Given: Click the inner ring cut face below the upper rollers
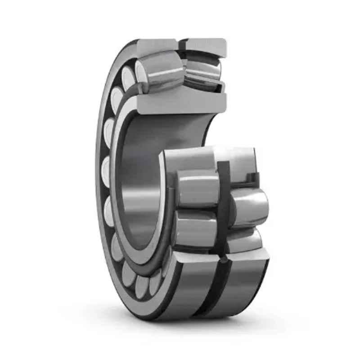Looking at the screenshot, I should pyautogui.click(x=180, y=103).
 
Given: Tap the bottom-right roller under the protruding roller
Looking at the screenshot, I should pyautogui.click(x=245, y=241).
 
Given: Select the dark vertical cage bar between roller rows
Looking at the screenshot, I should pyautogui.click(x=224, y=202).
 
